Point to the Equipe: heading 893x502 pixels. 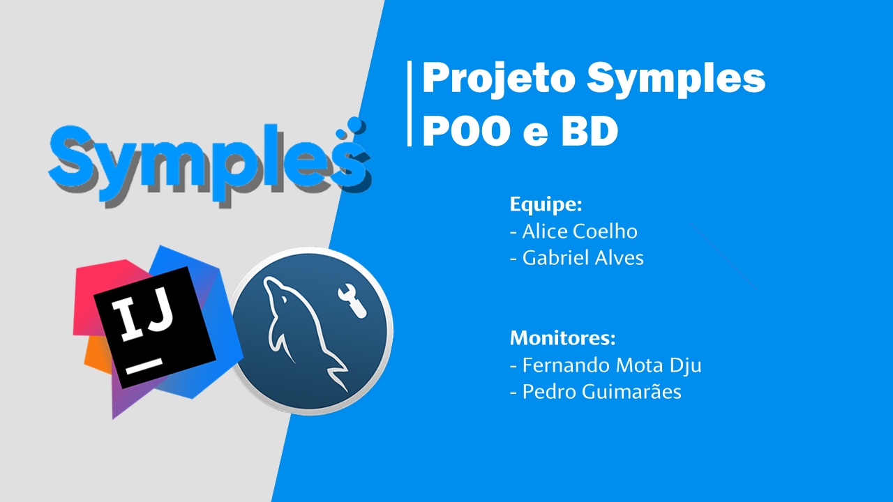point(546,205)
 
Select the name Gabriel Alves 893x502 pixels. point(583,258)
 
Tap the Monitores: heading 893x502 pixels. point(562,338)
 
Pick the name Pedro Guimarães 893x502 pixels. point(601,392)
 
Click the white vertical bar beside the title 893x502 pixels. point(410,103)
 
